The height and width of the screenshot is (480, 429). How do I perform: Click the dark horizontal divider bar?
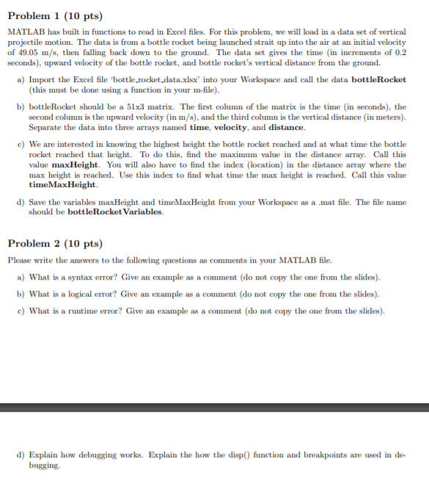(214, 406)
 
